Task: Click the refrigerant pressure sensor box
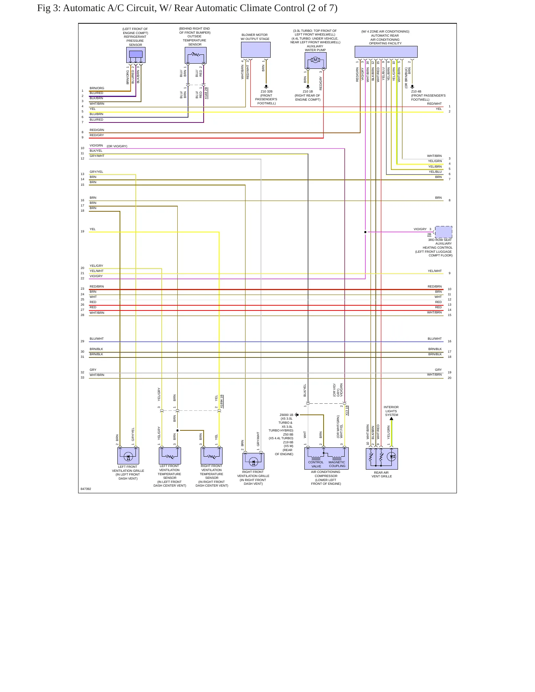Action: [x=136, y=55]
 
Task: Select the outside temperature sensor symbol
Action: [x=195, y=55]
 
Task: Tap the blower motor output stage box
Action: [x=255, y=50]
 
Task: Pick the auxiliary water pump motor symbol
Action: [x=315, y=60]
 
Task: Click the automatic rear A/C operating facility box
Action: [x=386, y=52]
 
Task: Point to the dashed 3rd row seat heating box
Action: [x=444, y=232]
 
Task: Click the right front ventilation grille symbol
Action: [x=253, y=461]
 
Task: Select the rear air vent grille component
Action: [x=382, y=458]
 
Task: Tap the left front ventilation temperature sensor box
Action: [x=170, y=456]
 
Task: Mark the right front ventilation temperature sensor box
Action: [x=211, y=456]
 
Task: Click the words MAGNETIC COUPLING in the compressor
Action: [x=337, y=464]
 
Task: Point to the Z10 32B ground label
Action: [x=267, y=91]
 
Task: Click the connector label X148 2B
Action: [x=206, y=93]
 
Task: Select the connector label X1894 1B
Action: [x=221, y=402]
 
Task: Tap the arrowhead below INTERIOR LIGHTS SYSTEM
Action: [x=391, y=419]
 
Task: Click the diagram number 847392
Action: [x=86, y=489]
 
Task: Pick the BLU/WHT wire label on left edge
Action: [x=97, y=339]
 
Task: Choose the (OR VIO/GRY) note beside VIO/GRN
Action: [x=117, y=146]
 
